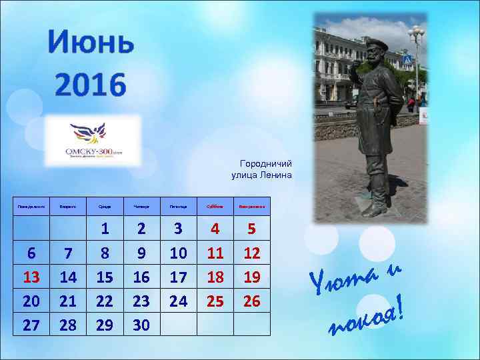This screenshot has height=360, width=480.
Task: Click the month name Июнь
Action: tap(91, 45)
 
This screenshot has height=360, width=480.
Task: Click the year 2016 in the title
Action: tap(91, 85)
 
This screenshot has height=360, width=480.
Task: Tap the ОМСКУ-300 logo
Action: tap(93, 140)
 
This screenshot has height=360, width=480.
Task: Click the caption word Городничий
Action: tap(266, 163)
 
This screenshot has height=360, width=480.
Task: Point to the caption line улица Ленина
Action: tap(261, 175)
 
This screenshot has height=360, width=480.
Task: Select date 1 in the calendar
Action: tap(105, 229)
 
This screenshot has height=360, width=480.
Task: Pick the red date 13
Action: tap(31, 277)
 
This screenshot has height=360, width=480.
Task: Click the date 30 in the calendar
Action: tap(141, 325)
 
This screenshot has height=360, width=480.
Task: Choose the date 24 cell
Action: tap(178, 301)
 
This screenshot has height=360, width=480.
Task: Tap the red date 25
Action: tap(215, 301)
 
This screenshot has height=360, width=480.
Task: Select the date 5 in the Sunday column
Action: tap(251, 229)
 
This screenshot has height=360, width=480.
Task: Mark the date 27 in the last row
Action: tap(31, 325)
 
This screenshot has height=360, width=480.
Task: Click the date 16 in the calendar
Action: tap(141, 277)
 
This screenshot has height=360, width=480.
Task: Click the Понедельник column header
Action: tap(31, 207)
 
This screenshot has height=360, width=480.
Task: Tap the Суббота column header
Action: tap(215, 207)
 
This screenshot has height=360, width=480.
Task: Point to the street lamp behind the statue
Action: tap(417, 33)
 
